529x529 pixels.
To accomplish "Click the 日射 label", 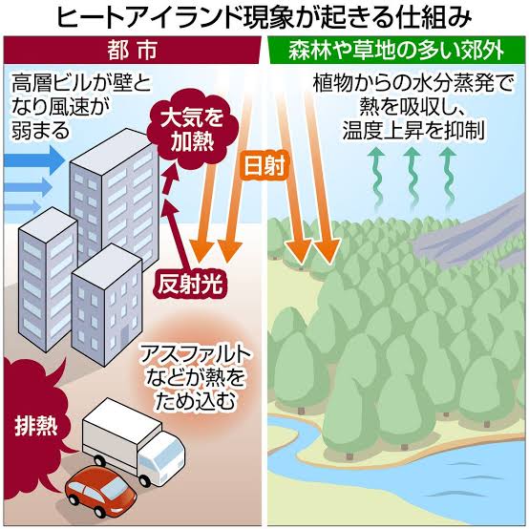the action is [264, 165].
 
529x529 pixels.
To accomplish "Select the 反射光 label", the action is [190, 284].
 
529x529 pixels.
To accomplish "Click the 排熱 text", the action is [35, 427].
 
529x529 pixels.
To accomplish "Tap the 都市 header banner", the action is [132, 51].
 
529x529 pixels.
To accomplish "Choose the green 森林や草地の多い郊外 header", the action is [397, 51].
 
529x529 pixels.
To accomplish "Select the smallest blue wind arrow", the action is [22, 206].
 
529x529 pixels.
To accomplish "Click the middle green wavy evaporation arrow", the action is [412, 176].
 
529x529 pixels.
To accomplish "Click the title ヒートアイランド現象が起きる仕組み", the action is [264, 17].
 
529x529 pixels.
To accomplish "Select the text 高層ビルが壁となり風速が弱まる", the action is [81, 107].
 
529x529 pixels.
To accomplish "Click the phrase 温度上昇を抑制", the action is [414, 130].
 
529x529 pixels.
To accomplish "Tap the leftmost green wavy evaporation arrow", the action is [376, 176].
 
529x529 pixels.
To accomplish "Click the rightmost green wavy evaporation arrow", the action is [449, 176].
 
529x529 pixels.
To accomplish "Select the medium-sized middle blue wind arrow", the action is [28, 186].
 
